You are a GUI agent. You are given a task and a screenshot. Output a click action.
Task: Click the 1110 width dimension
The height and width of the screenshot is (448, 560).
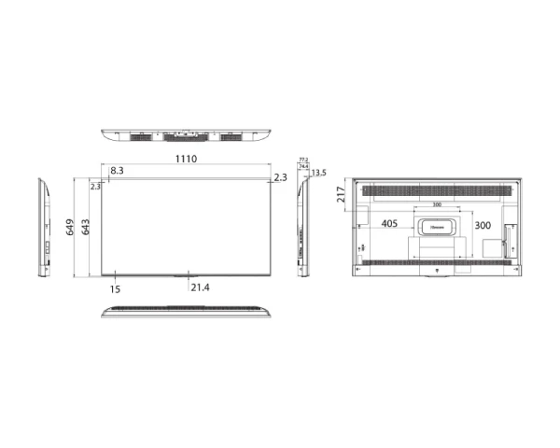[x=186, y=160]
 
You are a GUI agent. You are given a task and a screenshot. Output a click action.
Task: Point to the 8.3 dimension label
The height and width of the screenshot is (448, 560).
[x=117, y=172]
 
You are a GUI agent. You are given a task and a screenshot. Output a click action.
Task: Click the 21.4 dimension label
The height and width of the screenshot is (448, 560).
[x=200, y=288]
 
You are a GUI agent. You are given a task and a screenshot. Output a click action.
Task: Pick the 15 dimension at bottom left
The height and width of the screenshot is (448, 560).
[x=115, y=289]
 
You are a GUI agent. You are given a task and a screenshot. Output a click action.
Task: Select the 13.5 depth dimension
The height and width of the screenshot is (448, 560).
[x=319, y=173]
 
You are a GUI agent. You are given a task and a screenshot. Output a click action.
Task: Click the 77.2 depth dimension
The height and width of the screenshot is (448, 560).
[x=303, y=161]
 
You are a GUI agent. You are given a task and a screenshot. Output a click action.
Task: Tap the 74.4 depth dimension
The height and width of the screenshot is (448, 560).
[x=303, y=167]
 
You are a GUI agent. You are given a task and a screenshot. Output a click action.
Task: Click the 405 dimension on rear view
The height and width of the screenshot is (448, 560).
[x=390, y=225]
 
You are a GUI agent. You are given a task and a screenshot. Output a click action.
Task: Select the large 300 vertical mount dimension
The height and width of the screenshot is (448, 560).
[x=483, y=226]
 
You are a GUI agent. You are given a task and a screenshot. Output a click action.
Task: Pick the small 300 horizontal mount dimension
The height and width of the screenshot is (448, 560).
[x=436, y=205]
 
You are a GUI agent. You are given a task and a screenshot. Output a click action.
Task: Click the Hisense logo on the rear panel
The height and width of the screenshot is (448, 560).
[x=436, y=225]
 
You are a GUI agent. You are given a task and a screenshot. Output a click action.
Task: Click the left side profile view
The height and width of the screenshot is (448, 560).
[x=44, y=226]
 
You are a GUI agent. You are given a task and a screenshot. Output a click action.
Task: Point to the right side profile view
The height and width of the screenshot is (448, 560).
[x=301, y=227]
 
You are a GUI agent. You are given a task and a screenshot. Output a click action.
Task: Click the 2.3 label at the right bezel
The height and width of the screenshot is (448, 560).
[x=281, y=176]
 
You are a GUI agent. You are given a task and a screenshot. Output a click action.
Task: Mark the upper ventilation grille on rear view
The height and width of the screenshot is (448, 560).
[x=436, y=191]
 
